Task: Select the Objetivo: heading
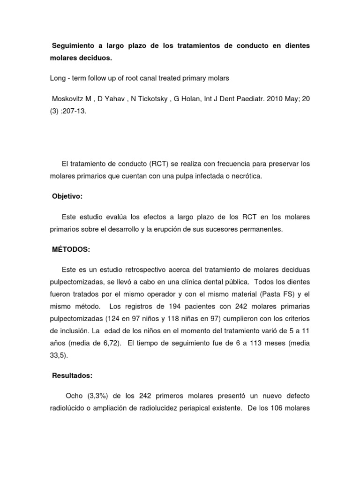[67, 196]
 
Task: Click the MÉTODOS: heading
[70, 249]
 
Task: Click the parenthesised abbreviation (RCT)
[162, 164]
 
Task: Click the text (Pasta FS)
[277, 294]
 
